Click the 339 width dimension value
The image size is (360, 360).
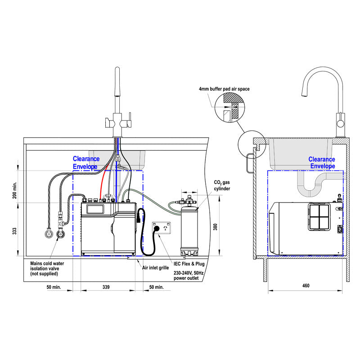click(x=105, y=286)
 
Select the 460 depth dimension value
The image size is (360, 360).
click(x=306, y=286)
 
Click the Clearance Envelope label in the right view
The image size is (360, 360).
click(x=322, y=162)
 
